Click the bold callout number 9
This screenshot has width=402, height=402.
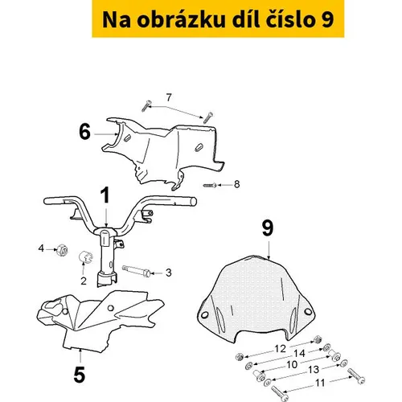pos(268,228)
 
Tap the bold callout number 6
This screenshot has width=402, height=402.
pos(85,132)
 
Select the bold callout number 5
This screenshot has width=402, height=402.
pos(80,374)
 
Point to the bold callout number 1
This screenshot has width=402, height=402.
pos(105,195)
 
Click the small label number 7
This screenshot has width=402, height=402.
pos(169,97)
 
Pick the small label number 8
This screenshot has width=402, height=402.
pos(236,184)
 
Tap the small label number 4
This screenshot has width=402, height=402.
pos(41,248)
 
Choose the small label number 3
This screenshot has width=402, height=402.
pos(169,273)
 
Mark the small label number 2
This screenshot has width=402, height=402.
pos(84,281)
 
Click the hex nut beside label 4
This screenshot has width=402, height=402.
pos(62,250)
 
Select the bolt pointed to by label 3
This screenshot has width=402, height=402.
pos(136,271)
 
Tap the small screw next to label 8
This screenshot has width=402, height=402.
pos(210,185)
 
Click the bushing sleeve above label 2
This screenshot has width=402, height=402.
pos(85,256)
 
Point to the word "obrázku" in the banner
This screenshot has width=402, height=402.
pos(181,20)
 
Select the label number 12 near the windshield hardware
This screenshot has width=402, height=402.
pos(281,349)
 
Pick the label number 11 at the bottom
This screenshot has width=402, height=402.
pos(320,383)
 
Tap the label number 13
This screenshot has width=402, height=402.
pos(314,370)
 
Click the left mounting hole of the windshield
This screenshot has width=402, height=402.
pos(205,315)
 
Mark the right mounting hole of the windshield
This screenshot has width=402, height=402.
pos(308,312)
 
